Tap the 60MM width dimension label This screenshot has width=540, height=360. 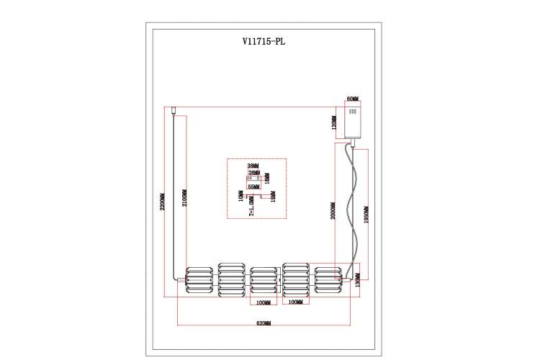click(x=353, y=99)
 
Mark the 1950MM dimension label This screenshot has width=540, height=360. click(x=366, y=212)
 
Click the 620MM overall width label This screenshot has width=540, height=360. click(x=263, y=323)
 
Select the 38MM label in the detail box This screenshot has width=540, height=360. click(x=253, y=165)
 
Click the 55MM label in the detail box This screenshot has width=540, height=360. click(x=253, y=186)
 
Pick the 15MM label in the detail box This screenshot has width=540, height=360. click(x=272, y=197)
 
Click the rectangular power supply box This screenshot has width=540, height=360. click(x=353, y=120)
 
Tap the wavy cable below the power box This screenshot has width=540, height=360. click(x=352, y=209)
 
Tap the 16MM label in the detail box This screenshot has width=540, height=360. click(x=266, y=176)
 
